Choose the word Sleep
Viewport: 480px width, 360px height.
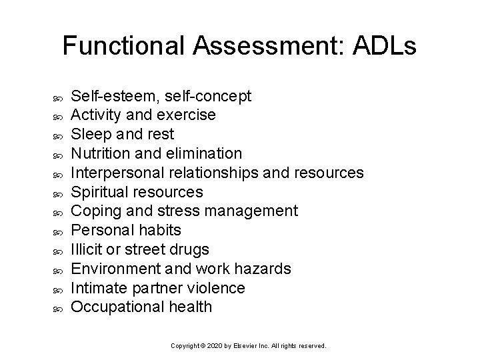90,135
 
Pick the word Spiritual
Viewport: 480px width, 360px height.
101,192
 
